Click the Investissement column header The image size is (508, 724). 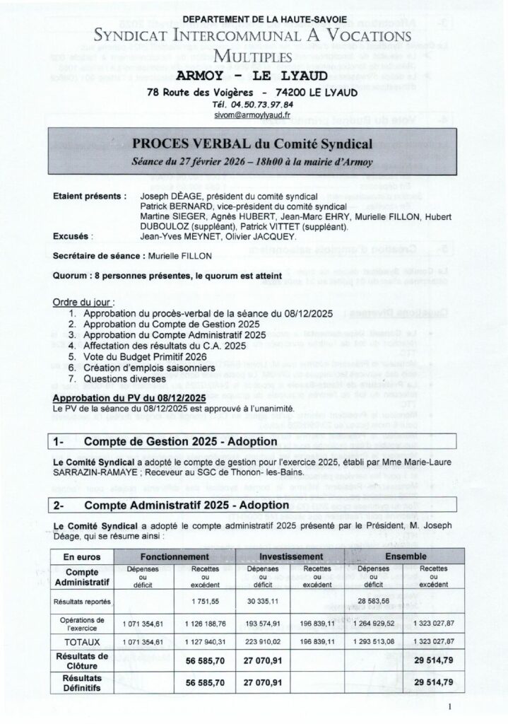click(286, 557)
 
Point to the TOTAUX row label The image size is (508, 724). click(82, 642)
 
